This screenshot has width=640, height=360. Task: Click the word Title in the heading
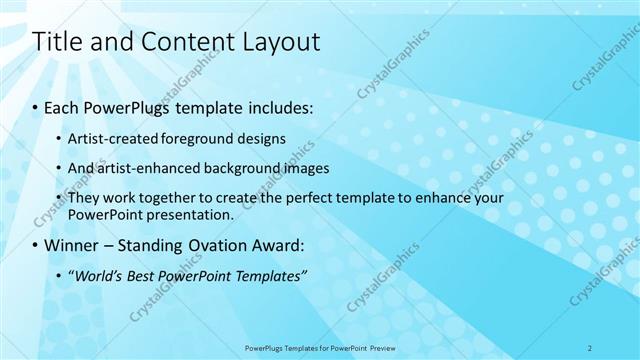pyautogui.click(x=58, y=42)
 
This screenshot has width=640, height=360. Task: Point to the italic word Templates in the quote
pyautogui.click(x=268, y=276)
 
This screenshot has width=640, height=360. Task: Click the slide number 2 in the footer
pyautogui.click(x=590, y=347)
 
